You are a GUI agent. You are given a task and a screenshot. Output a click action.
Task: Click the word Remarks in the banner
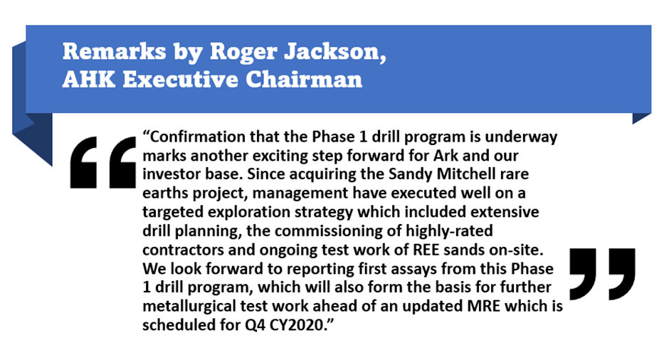115,52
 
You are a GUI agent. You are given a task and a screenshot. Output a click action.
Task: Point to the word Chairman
304,80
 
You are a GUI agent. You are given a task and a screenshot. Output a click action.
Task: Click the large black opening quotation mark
102,162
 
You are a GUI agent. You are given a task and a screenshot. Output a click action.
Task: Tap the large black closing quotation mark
602,274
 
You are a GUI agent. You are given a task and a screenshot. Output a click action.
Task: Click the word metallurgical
189,307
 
